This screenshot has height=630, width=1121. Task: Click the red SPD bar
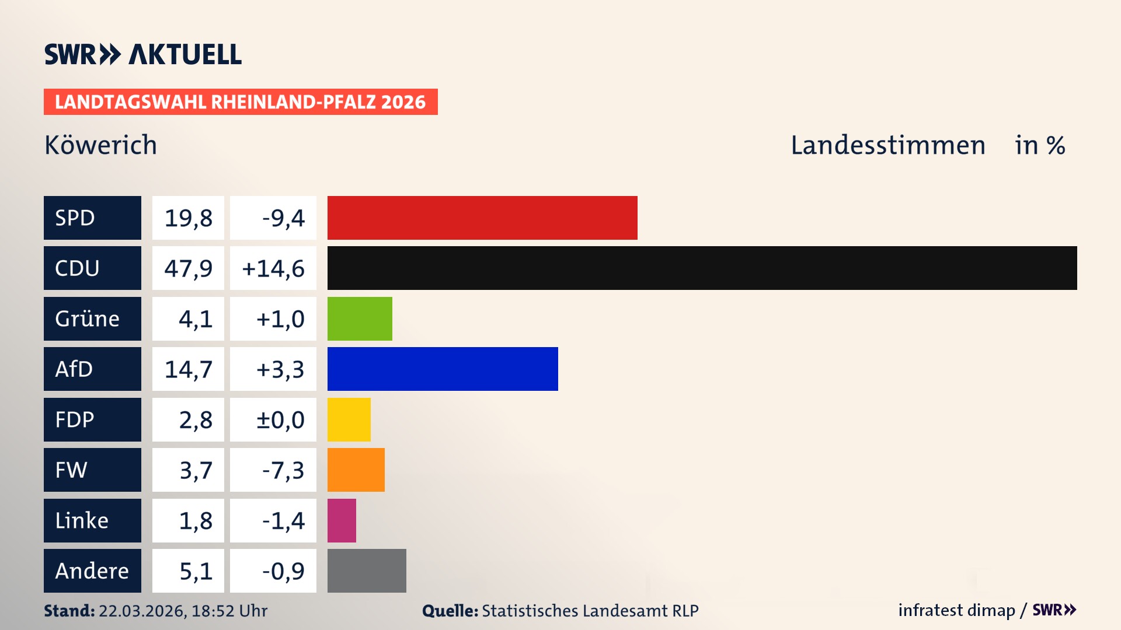pyautogui.click(x=482, y=218)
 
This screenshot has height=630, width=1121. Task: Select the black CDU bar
pyautogui.click(x=702, y=268)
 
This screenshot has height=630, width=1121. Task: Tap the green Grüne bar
pyautogui.click(x=360, y=318)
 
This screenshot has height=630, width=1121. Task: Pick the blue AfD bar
pyautogui.click(x=443, y=369)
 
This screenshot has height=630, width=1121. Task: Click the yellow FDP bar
pyautogui.click(x=349, y=419)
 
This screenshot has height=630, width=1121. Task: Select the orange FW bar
pyautogui.click(x=356, y=470)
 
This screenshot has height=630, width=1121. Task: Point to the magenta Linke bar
pyautogui.click(x=342, y=520)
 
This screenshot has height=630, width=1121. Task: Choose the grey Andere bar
pyautogui.click(x=367, y=570)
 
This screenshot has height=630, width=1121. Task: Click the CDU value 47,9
pyautogui.click(x=188, y=268)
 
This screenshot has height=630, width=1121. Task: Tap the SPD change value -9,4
pyautogui.click(x=283, y=218)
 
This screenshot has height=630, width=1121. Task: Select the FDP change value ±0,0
pyautogui.click(x=280, y=420)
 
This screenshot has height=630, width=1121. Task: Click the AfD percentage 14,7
pyautogui.click(x=188, y=369)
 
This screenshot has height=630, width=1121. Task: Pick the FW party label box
pyautogui.click(x=92, y=470)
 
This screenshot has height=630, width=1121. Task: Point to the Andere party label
pyautogui.click(x=92, y=570)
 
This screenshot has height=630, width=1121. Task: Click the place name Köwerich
pyautogui.click(x=100, y=145)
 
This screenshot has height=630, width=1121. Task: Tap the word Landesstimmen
pyautogui.click(x=887, y=145)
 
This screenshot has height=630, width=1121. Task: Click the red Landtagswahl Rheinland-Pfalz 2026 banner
pyautogui.click(x=241, y=102)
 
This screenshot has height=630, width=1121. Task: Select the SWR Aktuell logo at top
pyautogui.click(x=143, y=54)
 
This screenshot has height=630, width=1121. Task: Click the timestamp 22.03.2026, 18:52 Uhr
pyautogui.click(x=183, y=611)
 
